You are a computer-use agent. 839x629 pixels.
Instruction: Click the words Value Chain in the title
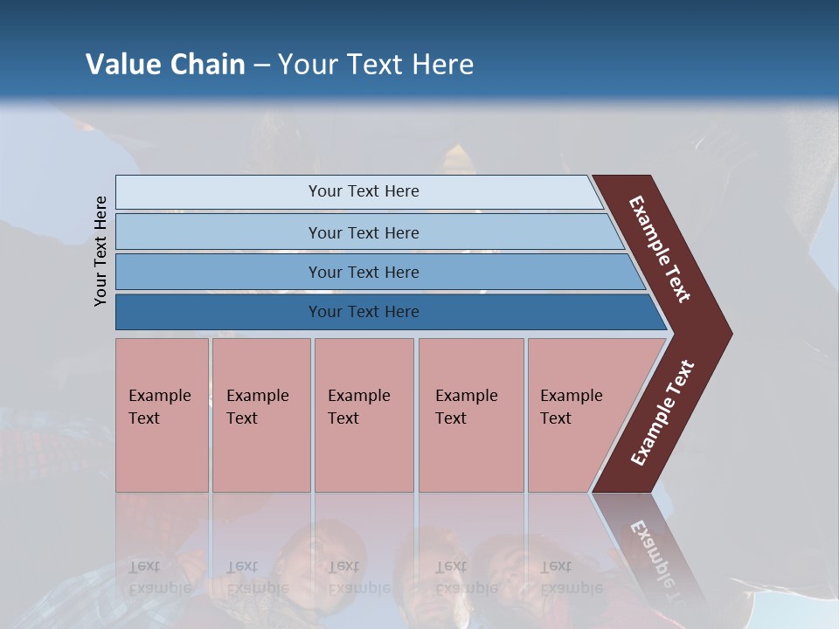click(165, 65)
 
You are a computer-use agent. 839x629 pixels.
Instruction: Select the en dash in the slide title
click(261, 66)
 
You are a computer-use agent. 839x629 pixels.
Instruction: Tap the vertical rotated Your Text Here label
click(101, 252)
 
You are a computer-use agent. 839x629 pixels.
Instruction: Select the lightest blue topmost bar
click(363, 191)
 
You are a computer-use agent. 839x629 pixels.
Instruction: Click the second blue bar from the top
click(363, 232)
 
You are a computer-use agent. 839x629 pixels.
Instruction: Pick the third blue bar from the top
click(363, 272)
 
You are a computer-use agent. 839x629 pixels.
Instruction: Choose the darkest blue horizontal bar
click(363, 312)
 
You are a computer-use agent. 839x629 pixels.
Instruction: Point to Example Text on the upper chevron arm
click(660, 249)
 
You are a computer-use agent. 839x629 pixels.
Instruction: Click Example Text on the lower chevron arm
click(662, 413)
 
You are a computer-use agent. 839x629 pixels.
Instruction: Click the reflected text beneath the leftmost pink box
click(159, 577)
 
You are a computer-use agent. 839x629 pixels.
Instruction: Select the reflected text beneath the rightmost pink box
click(571, 577)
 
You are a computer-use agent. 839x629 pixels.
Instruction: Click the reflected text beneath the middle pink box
click(358, 577)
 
